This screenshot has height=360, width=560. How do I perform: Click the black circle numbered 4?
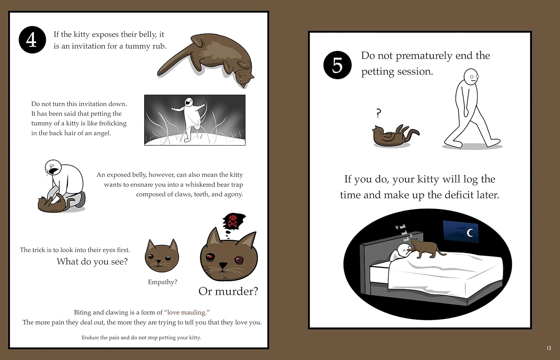coord(32,40)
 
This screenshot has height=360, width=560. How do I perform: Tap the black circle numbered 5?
coord(337,65)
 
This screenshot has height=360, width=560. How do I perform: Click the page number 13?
coord(549,348)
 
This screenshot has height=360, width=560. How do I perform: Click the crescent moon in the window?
coord(470,233)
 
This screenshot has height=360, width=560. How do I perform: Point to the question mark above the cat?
coord(379,113)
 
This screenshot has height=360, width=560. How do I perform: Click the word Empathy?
coord(162,282)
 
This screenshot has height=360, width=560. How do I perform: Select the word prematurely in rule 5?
coord(424,56)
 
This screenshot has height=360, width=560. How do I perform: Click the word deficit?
coord(448,195)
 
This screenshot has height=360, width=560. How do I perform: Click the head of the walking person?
coord(471,77)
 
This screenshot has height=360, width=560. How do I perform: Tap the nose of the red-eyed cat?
coord(223,265)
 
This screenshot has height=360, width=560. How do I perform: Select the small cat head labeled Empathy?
coord(162,256)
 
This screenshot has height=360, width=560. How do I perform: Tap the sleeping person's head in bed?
coord(403,250)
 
